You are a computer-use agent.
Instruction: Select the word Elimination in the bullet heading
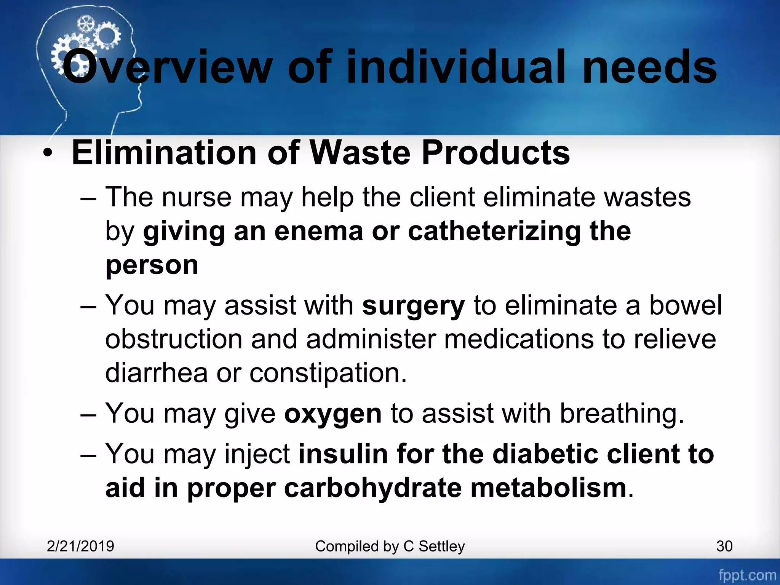pyautogui.click(x=164, y=153)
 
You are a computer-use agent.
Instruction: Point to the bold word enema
pyautogui.click(x=318, y=232)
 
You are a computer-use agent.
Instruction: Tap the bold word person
pyautogui.click(x=152, y=265)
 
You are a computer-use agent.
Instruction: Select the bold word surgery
pyautogui.click(x=413, y=306)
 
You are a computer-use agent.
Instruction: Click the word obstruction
pyautogui.click(x=174, y=339)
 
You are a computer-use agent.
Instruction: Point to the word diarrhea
pyautogui.click(x=157, y=372)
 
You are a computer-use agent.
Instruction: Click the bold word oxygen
pyautogui.click(x=333, y=414)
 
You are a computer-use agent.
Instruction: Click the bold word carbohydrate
pyautogui.click(x=373, y=488)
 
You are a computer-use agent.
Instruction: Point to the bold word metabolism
pyautogui.click(x=548, y=488)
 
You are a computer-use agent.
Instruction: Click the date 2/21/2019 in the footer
pyautogui.click(x=80, y=546)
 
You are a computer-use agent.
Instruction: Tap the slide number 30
pyautogui.click(x=724, y=546)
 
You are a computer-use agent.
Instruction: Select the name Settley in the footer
pyautogui.click(x=442, y=547)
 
